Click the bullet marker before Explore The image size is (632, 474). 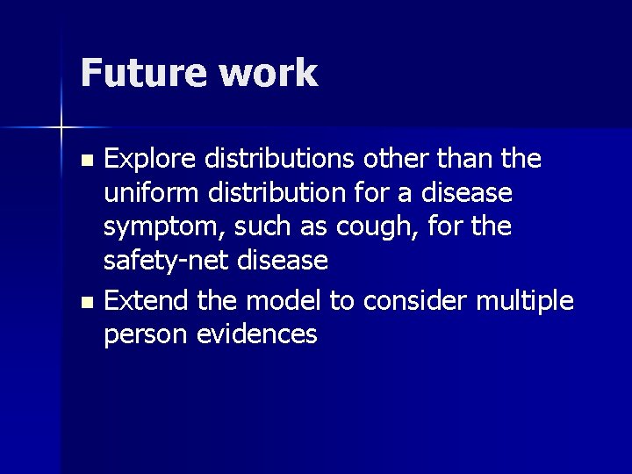coord(85,161)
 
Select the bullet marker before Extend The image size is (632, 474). coord(85,303)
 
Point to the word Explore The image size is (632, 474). coord(151,160)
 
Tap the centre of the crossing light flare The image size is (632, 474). coord(61,129)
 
